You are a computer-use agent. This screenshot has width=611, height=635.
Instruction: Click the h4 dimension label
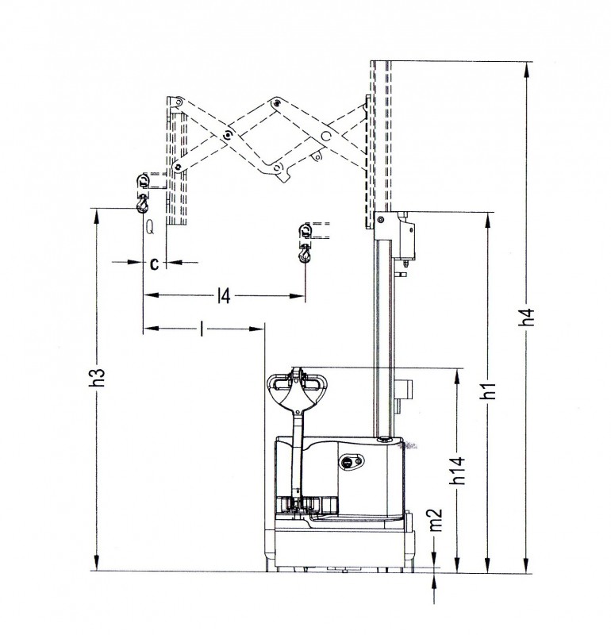tap(528, 317)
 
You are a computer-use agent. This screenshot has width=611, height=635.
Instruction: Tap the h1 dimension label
tap(489, 391)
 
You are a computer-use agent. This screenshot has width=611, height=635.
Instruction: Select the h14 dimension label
tap(459, 470)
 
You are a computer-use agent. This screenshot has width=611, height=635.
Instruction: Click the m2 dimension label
tap(436, 520)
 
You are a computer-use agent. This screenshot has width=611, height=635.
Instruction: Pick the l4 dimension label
tap(224, 295)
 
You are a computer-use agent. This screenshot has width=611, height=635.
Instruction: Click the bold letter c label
tap(154, 264)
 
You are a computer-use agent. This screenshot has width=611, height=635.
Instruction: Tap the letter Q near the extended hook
tap(150, 228)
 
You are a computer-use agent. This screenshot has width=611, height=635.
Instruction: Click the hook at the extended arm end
tap(143, 203)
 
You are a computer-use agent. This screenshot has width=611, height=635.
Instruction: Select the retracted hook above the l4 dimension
tap(305, 254)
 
